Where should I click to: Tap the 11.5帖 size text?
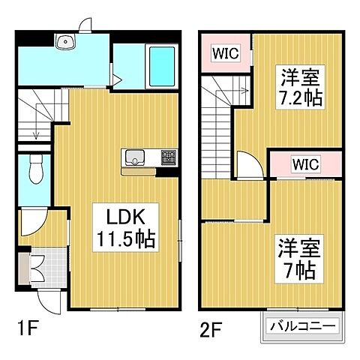click(124, 240)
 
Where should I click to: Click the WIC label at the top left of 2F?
click(223, 52)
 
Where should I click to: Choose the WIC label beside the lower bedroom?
click(305, 163)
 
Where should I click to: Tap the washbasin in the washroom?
click(63, 42)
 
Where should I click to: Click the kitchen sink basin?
click(136, 157)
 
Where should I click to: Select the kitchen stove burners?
click(168, 157)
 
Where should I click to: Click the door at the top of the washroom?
click(86, 23)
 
